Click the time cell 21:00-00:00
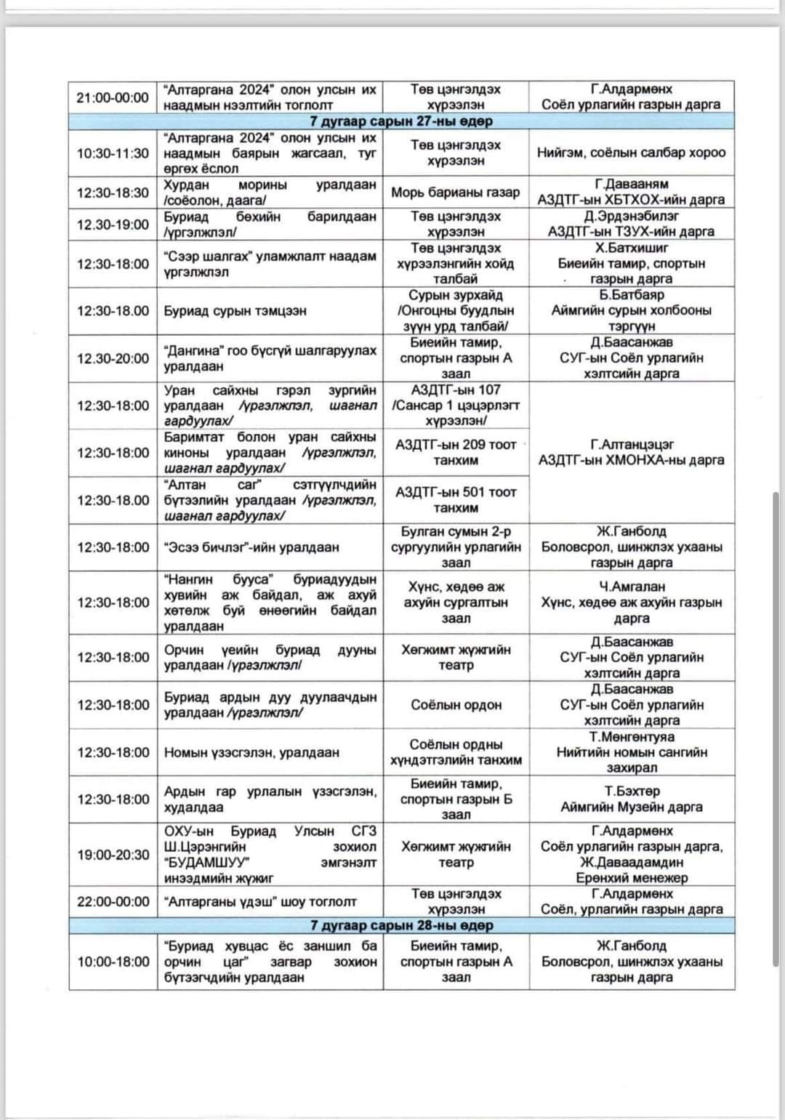(x=113, y=97)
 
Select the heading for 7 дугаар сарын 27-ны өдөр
(x=401, y=121)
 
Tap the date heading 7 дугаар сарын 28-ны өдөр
(x=401, y=926)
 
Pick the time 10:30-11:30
(x=113, y=153)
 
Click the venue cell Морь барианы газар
(x=456, y=193)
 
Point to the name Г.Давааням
(x=631, y=184)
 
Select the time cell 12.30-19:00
(x=113, y=225)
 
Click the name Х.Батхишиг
(x=631, y=248)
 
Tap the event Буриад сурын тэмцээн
(x=235, y=311)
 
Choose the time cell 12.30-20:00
(x=113, y=358)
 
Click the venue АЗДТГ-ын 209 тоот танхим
(x=456, y=453)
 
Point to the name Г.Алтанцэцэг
(x=631, y=444)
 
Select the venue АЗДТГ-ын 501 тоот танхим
(x=456, y=500)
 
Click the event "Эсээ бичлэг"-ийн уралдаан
(x=251, y=547)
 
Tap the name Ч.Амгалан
(x=631, y=587)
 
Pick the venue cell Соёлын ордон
(x=456, y=705)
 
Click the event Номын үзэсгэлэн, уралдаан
(x=251, y=752)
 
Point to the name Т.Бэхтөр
(x=631, y=791)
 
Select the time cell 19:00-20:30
(x=113, y=855)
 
